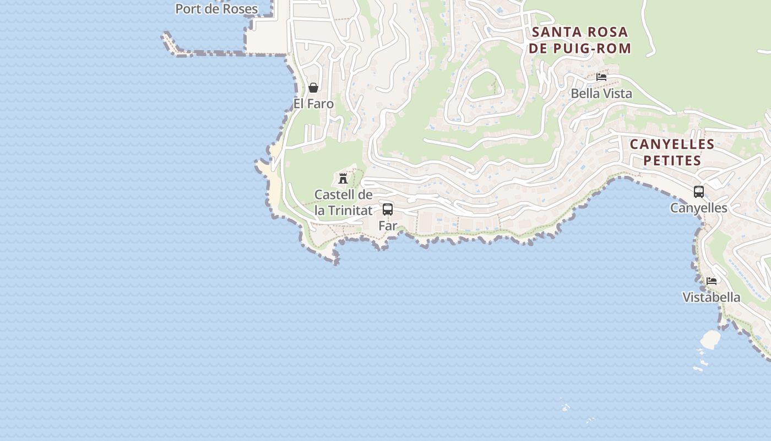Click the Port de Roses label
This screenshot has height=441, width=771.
(216, 9)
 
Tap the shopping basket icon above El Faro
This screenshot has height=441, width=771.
(313, 88)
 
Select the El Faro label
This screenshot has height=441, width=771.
(313, 104)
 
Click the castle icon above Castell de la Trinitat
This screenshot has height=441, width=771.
(343, 178)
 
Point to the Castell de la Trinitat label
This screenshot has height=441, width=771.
(343, 202)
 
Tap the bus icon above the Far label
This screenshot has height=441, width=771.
(388, 209)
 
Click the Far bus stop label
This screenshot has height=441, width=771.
(388, 225)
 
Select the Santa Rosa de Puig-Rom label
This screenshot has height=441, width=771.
(580, 40)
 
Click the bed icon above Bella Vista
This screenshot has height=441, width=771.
(601, 77)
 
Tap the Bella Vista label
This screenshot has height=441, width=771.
(601, 94)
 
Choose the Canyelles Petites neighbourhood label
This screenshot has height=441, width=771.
(672, 153)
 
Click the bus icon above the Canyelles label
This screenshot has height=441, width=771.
(699, 192)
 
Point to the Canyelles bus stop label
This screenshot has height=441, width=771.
(699, 208)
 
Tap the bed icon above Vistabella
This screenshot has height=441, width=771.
(712, 281)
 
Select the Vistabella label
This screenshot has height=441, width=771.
(712, 298)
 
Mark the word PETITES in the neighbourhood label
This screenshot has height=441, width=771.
(672, 161)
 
